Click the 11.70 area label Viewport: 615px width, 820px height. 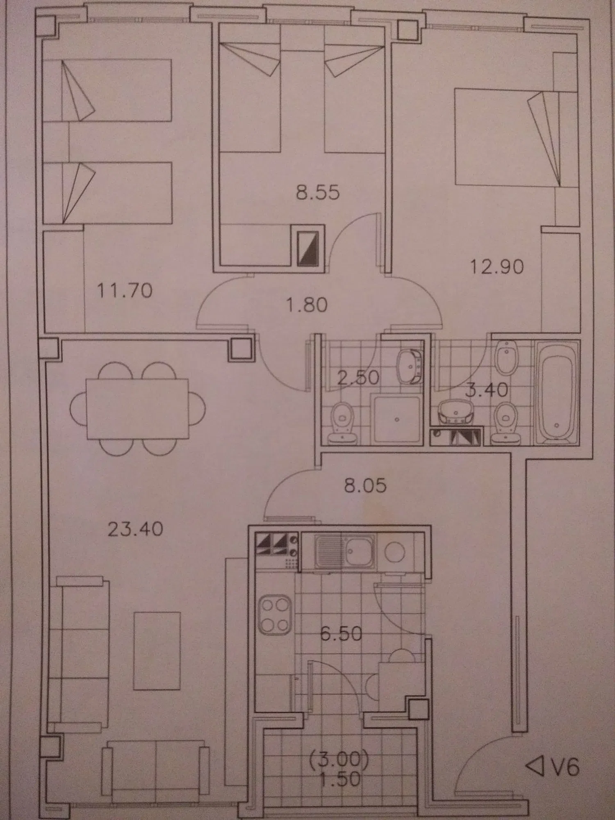[x=125, y=291]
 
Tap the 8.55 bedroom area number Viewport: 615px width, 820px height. [x=318, y=192]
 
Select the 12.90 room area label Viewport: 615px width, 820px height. [x=497, y=267]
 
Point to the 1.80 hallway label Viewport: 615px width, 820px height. [x=307, y=305]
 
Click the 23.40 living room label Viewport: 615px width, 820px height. [x=135, y=529]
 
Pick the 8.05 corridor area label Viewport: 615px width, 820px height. [x=365, y=485]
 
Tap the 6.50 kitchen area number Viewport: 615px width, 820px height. [x=341, y=634]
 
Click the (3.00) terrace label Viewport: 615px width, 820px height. [x=339, y=759]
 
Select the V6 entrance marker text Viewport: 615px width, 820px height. [x=565, y=766]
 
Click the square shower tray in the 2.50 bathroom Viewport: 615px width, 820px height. [x=396, y=419]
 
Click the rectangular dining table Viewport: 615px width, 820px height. [x=137, y=408]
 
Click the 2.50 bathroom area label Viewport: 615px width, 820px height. [x=358, y=378]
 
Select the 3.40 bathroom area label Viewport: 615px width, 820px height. [x=487, y=390]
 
